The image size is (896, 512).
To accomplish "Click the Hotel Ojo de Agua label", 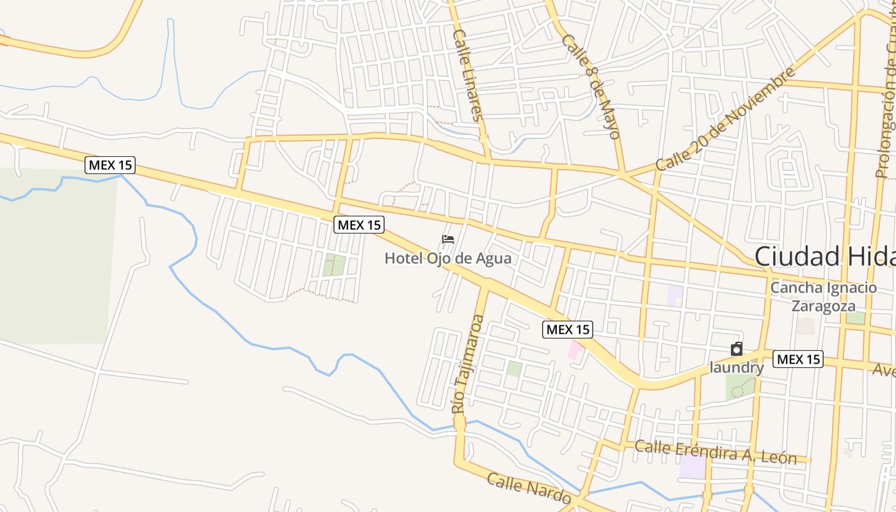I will point(448,259).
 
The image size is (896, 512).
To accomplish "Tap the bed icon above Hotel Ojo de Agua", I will point(448,240).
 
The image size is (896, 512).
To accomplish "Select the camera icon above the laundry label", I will point(737,349).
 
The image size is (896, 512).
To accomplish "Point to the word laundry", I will point(737,368).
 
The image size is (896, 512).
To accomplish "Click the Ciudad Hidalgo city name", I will point(825,256).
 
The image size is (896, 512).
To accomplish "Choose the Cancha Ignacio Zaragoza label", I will point(824,296).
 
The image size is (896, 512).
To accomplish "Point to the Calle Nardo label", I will point(529,488).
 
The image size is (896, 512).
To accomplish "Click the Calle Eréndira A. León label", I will point(716,452).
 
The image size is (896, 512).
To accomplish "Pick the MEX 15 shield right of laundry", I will point(797,359).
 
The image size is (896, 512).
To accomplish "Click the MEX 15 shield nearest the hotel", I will point(359,225).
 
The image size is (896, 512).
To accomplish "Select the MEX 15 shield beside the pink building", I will point(568,330).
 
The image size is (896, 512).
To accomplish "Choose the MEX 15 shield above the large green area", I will point(110,165).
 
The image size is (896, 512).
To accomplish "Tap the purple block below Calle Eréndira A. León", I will point(692,467).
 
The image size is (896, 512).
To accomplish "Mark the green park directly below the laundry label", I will point(740,387).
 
